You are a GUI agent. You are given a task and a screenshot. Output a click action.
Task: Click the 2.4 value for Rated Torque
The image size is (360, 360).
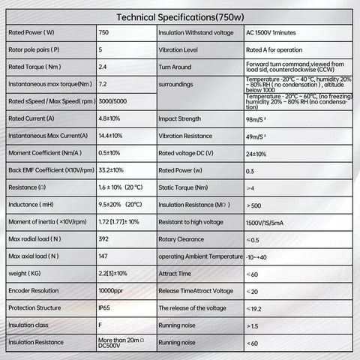click(x=103, y=67)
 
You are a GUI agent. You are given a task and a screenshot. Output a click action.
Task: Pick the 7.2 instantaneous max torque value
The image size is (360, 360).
click(x=103, y=84)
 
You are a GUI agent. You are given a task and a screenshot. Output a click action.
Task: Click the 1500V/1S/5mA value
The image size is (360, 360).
click(x=270, y=223)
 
